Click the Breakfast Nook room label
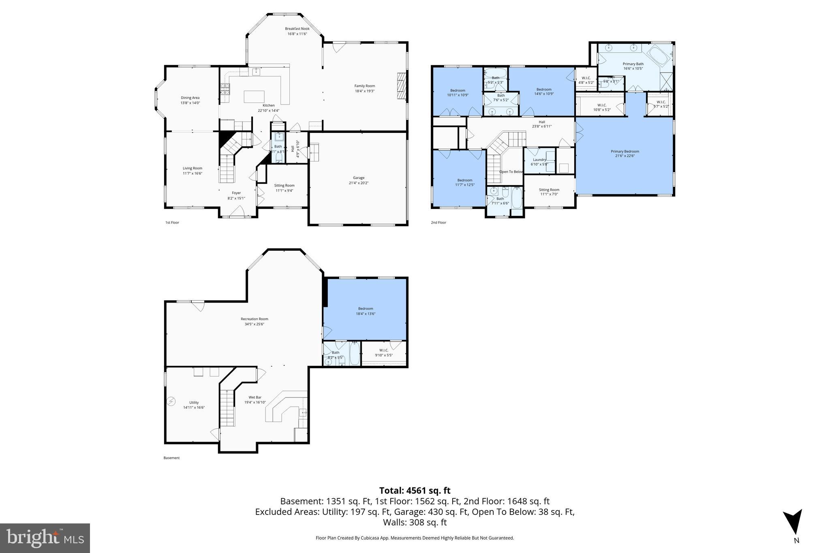(x=297, y=31)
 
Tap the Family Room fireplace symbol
(x=401, y=85)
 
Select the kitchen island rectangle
(x=254, y=97)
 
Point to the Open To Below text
(x=511, y=172)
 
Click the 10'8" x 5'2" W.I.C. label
(x=602, y=107)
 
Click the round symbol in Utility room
(x=171, y=401)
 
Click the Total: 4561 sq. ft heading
(x=415, y=491)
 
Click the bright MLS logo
(x=45, y=538)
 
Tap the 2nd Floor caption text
(x=438, y=222)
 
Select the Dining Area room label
(x=190, y=100)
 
